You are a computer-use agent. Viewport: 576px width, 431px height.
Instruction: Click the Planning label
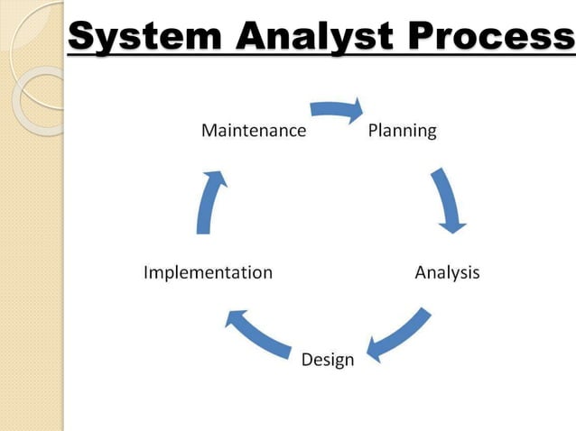pyautogui.click(x=403, y=131)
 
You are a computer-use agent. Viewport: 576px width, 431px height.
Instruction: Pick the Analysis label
pyautogui.click(x=447, y=272)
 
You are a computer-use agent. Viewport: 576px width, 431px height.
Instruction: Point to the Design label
pyautogui.click(x=328, y=360)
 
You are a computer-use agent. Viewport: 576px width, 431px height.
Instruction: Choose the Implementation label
pyautogui.click(x=208, y=272)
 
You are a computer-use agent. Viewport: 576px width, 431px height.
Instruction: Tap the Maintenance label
pyautogui.click(x=254, y=131)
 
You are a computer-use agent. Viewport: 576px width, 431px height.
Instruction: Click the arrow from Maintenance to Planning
pyautogui.click(x=335, y=110)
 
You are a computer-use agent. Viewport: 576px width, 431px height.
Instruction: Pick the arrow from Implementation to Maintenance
pyautogui.click(x=209, y=202)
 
